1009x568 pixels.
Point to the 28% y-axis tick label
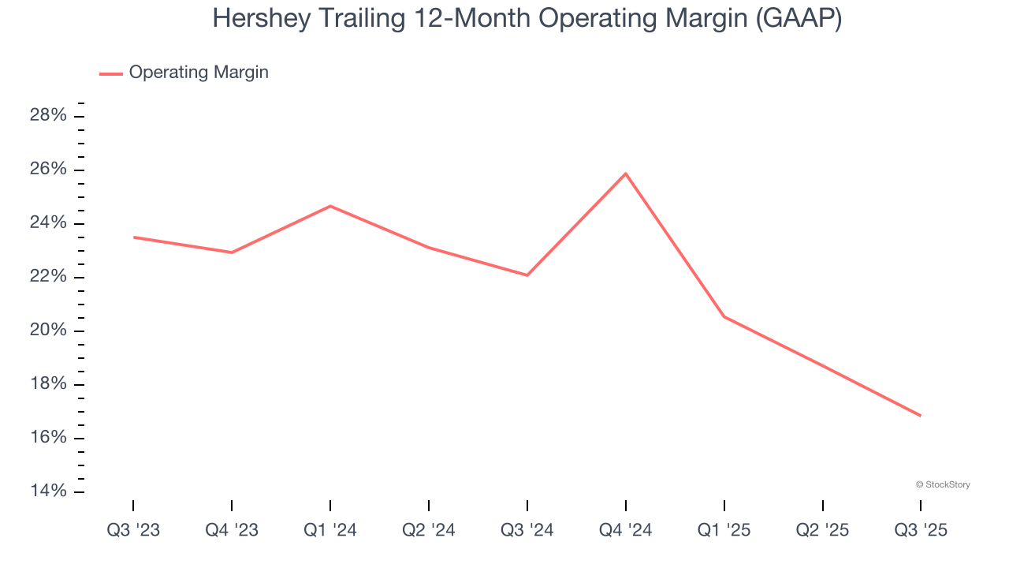coord(48,116)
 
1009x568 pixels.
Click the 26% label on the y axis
coord(48,170)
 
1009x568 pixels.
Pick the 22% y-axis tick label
coord(48,277)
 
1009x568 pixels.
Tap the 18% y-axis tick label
coord(48,384)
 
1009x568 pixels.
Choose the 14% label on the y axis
coord(48,491)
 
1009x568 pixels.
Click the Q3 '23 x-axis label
coord(133,530)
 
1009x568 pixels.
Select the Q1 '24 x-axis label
coord(330,530)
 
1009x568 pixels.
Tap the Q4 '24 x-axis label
coord(626,530)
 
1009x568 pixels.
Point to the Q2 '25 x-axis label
coord(823,530)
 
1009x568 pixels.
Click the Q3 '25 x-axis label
coord(921,530)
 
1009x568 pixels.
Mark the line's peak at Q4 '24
coord(626,174)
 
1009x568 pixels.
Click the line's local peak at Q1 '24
coord(330,206)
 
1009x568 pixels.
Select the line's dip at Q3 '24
coord(527,275)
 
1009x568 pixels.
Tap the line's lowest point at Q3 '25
coord(921,416)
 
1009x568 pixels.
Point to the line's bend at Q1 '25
coord(724,316)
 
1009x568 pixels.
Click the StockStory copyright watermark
coord(943,484)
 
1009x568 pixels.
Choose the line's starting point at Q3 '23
coord(133,237)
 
